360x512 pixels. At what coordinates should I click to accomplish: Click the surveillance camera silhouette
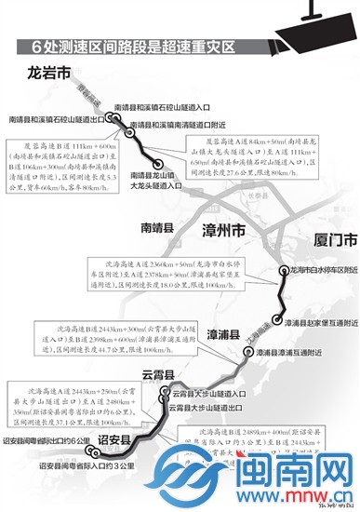[x=322, y=26]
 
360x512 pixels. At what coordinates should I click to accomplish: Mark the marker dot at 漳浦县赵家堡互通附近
[x=278, y=321]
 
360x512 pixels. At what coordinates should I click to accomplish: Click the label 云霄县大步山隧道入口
[x=214, y=393]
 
